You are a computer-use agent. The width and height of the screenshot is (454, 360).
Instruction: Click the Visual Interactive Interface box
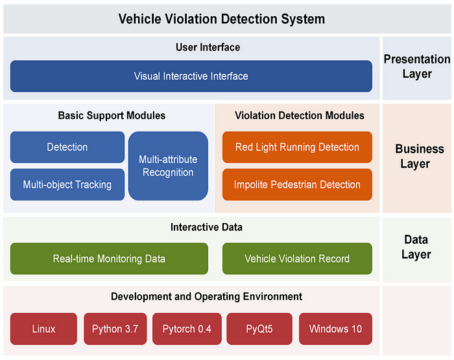pyautogui.click(x=191, y=76)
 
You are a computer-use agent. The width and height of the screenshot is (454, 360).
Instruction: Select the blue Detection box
pyautogui.click(x=67, y=147)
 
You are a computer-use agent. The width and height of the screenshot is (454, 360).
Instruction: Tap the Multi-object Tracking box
pyautogui.click(x=67, y=185)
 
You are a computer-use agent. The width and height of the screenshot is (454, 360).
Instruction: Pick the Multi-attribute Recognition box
pyautogui.click(x=168, y=166)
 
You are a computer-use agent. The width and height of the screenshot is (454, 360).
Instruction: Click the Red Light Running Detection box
pyautogui.click(x=297, y=147)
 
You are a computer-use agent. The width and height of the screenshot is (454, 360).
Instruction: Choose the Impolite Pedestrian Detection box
pyautogui.click(x=297, y=185)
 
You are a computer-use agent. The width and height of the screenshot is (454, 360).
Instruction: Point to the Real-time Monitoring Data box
pyautogui.click(x=109, y=259)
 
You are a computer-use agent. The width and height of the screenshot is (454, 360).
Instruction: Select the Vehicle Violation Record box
pyautogui.click(x=297, y=259)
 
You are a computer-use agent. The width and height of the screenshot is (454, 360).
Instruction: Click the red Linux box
pyautogui.click(x=43, y=329)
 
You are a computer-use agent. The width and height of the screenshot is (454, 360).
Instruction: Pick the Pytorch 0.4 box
pyautogui.click(x=187, y=329)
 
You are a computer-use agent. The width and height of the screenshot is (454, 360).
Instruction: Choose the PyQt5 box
pyautogui.click(x=259, y=329)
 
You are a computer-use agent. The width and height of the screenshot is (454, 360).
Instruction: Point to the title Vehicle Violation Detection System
pyautogui.click(x=222, y=19)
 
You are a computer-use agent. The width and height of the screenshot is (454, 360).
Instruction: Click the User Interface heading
pyautogui.click(x=208, y=47)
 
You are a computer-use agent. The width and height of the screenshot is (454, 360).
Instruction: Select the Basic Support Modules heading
pyautogui.click(x=112, y=115)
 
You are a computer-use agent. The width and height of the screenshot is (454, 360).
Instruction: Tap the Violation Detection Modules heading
pyautogui.click(x=299, y=115)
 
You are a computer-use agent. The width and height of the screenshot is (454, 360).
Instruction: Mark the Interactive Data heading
pyautogui.click(x=207, y=227)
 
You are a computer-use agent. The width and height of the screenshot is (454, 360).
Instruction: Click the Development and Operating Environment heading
pyautogui.click(x=206, y=296)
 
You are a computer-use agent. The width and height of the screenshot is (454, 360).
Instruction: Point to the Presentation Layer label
pyautogui.click(x=416, y=66)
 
